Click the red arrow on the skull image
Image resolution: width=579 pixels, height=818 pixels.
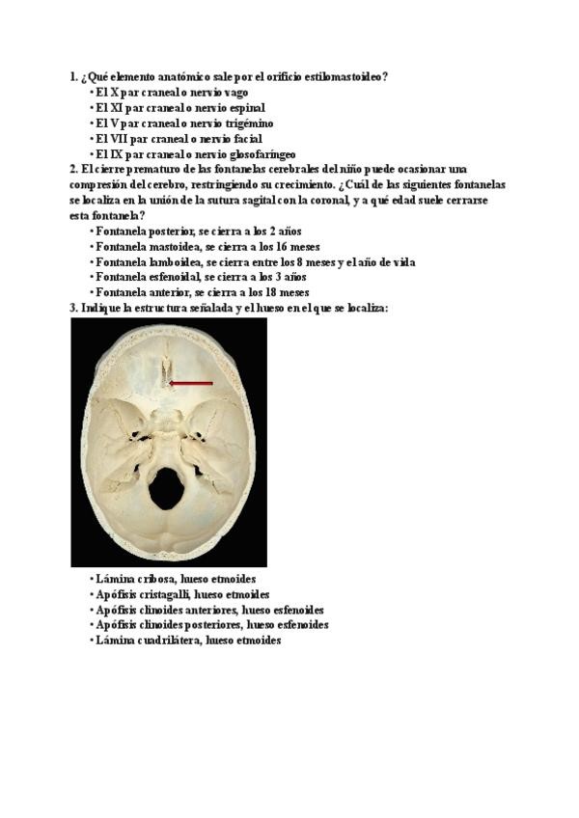pyautogui.click(x=191, y=383)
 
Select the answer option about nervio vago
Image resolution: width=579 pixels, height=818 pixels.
pyautogui.click(x=172, y=93)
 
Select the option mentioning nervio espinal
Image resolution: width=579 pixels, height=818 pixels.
pyautogui.click(x=179, y=108)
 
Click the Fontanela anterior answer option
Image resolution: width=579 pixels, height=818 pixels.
pyautogui.click(x=202, y=292)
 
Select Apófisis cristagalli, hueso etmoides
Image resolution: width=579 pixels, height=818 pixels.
pyautogui.click(x=182, y=594)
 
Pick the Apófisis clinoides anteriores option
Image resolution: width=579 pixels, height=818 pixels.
pyautogui.click(x=209, y=610)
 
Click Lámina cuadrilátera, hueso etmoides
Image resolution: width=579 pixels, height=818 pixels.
pyautogui.click(x=188, y=640)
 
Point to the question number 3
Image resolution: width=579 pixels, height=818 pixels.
pyautogui.click(x=72, y=308)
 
